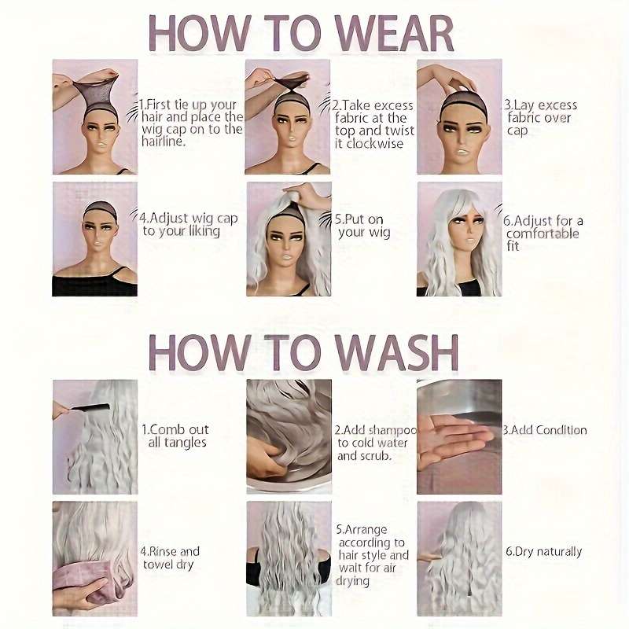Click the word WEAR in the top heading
[395, 34]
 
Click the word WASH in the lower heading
[397, 353]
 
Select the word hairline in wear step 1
[163, 142]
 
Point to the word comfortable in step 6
[543, 234]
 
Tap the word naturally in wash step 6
[559, 552]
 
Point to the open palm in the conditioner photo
[454, 440]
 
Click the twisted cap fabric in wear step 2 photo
[292, 84]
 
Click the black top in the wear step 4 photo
[94, 284]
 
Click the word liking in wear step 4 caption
[204, 231]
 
